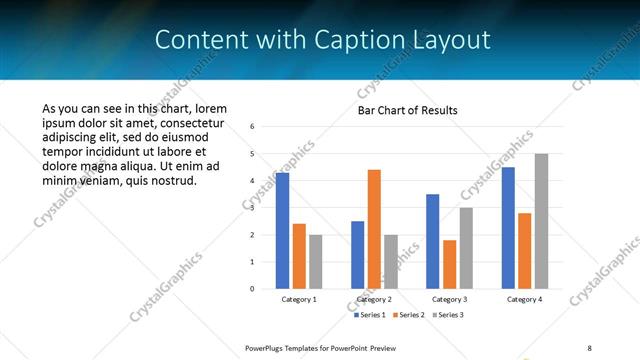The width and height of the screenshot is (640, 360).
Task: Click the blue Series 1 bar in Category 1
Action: coord(282,231)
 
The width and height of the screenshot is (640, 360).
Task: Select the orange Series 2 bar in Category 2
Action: coord(374,229)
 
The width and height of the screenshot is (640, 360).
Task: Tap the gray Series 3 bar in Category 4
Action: coord(541,221)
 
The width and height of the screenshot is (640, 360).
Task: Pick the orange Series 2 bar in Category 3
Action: coord(449,264)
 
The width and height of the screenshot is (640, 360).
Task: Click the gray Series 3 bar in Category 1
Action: coord(315,262)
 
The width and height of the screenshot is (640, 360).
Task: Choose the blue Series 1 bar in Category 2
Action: coord(357,255)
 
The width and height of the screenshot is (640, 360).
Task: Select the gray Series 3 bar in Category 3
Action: coord(466,248)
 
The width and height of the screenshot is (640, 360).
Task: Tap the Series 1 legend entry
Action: coord(372,315)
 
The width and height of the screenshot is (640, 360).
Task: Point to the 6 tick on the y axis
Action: coord(253,127)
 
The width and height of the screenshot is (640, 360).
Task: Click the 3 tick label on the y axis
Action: coord(253,208)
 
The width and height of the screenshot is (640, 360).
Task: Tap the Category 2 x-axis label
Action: coord(374,299)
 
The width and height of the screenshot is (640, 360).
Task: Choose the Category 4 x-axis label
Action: coord(524,299)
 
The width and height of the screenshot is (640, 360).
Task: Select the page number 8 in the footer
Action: coord(589,347)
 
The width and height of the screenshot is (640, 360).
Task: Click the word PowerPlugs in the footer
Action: coord(266,347)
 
